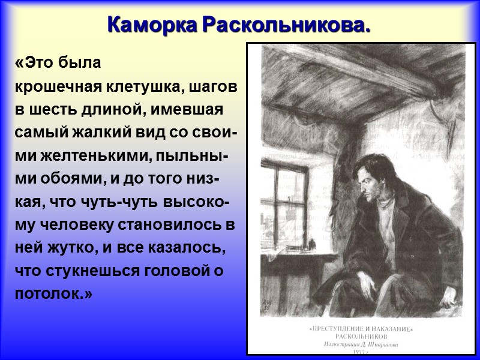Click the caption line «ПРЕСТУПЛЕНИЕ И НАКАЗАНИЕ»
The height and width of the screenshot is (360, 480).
pos(362,329)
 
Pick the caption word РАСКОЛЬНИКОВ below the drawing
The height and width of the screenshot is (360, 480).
pos(362,337)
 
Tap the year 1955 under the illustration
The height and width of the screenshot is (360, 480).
pos(362,352)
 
